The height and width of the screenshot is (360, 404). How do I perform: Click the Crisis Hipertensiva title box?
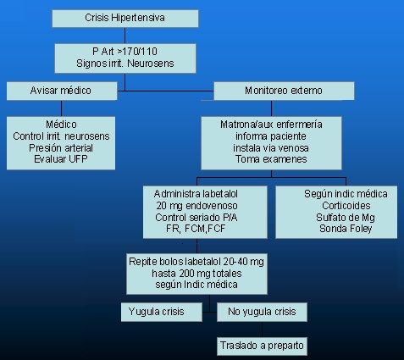(x=125, y=19)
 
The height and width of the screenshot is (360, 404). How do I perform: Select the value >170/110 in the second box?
(x=137, y=52)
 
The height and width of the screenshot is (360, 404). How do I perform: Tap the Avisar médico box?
(x=62, y=91)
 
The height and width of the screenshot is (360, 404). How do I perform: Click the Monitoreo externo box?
(x=284, y=91)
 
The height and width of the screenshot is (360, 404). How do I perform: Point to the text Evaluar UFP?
(x=61, y=159)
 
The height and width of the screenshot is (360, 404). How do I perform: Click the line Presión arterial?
(x=61, y=148)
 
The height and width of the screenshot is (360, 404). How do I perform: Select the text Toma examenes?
(x=271, y=159)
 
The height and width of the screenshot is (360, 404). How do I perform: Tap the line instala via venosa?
(x=271, y=148)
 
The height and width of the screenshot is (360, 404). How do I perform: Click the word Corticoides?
(x=346, y=206)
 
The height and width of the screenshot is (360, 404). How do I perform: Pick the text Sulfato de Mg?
(x=346, y=218)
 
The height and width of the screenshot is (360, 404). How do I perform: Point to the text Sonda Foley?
(x=346, y=229)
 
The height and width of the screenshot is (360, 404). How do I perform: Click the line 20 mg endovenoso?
(x=196, y=206)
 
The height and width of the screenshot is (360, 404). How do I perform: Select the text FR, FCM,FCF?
(x=196, y=229)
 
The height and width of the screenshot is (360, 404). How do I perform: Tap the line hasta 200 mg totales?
(x=196, y=274)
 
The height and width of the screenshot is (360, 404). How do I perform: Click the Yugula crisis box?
(x=162, y=312)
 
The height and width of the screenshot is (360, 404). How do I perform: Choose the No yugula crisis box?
(x=262, y=312)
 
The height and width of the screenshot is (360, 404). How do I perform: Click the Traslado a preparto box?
(x=262, y=346)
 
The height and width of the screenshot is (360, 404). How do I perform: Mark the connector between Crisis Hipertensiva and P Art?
(x=125, y=36)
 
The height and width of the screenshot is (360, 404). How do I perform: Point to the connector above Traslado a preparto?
(x=262, y=330)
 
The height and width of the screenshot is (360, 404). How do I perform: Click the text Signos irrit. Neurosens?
(x=125, y=64)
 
